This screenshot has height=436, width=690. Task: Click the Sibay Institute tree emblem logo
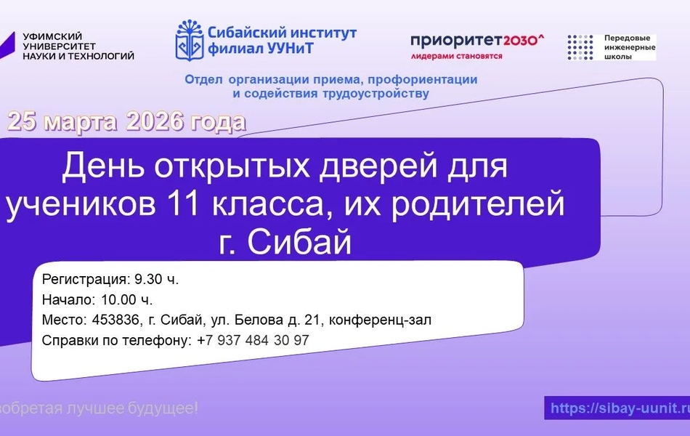(x=188, y=41)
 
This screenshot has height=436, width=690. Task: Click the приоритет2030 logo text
(x=476, y=41)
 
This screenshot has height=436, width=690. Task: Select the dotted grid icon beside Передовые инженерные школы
(x=580, y=47)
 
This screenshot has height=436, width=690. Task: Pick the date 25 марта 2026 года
(x=126, y=122)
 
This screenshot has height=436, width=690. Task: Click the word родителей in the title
(x=482, y=204)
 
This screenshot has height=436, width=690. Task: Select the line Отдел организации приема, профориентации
(x=330, y=80)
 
